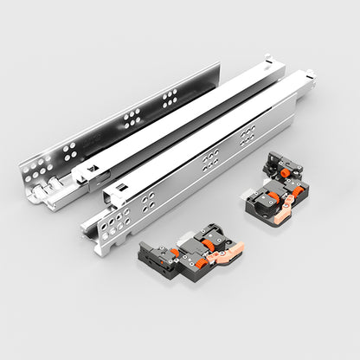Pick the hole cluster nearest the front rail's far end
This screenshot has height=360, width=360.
pyautogui.click(x=247, y=132)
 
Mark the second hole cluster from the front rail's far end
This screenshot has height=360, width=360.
pyautogui.click(x=210, y=159)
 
